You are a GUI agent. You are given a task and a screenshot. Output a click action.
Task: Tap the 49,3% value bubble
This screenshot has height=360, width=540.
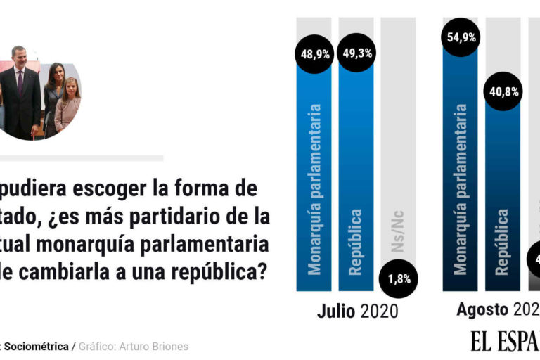coord(356,53)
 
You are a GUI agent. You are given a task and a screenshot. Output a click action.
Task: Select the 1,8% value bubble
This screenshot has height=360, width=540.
coord(398,278)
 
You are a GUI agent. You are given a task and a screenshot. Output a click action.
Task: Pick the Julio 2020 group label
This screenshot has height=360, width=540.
coord(357,310)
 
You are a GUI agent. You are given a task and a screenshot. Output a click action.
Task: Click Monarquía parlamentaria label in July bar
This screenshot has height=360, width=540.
coord(314,188)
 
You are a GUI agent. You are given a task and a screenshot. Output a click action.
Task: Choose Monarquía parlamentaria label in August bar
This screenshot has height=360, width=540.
coord(460,188)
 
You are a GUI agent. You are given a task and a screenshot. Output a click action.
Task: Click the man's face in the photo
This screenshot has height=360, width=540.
coord(19,57)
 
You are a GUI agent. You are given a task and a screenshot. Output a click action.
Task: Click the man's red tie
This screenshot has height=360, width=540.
coord(20,81)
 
